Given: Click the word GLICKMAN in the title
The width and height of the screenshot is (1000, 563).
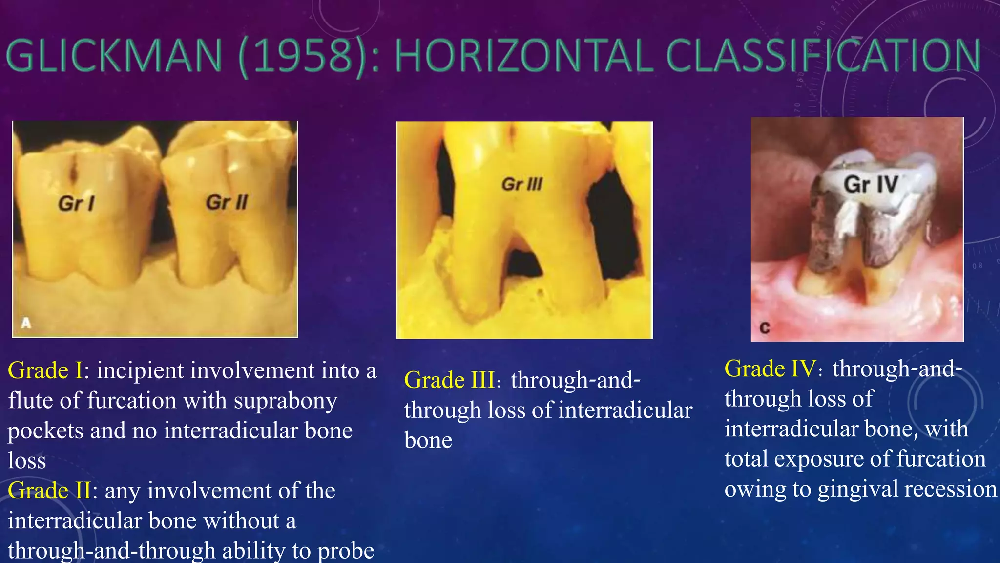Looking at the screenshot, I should click(x=115, y=56).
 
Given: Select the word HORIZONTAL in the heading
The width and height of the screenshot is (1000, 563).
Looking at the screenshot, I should click(x=523, y=56).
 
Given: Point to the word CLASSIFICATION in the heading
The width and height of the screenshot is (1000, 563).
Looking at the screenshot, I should click(x=823, y=56).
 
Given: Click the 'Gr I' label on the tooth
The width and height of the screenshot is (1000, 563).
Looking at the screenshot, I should click(x=76, y=203).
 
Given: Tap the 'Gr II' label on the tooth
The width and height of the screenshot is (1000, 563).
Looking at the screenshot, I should click(x=227, y=202).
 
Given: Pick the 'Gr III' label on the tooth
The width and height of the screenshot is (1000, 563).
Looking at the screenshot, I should click(x=522, y=184).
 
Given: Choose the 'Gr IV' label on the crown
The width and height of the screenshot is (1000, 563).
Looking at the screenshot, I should click(x=871, y=184).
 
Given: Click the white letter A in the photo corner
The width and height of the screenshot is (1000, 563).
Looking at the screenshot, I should click(x=26, y=323).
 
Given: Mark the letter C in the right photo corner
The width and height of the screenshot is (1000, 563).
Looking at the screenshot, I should click(x=765, y=328).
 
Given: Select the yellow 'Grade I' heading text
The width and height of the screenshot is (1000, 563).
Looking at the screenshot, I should click(x=45, y=370).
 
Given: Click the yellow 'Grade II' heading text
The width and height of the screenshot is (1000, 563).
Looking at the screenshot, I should click(x=49, y=491).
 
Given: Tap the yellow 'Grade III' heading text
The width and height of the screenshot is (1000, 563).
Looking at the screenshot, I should click(x=450, y=380).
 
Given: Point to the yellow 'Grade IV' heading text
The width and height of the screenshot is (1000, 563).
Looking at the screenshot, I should click(x=770, y=368).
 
